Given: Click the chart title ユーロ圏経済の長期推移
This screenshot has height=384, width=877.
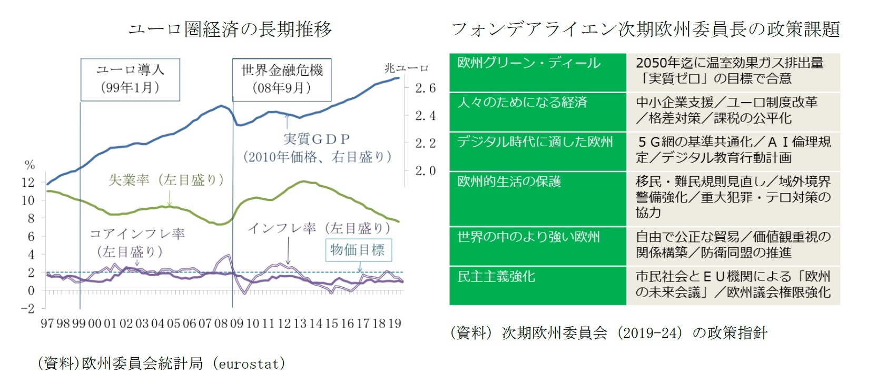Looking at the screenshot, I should point(230,29).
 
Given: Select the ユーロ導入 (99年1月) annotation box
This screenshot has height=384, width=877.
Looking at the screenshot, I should point(130,79).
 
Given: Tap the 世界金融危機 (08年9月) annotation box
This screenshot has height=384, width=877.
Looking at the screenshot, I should point(282,79).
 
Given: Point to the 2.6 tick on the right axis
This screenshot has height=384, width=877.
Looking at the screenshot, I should point(425,88).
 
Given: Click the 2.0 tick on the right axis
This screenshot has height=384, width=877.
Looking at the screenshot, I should point(425,170).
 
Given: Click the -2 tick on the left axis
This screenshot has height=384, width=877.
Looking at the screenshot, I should point(27,308).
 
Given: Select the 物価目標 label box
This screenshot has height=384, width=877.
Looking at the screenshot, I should point(358,249).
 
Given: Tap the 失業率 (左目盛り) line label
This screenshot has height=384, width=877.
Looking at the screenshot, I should point(166,180).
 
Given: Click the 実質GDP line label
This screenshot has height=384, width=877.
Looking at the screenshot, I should point(317,139).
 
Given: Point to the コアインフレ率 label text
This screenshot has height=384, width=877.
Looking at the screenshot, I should point(137,234).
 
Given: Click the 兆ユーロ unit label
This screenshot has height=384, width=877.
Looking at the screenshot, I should point(406,68).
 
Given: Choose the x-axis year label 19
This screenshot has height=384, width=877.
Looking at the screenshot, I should point(395,324).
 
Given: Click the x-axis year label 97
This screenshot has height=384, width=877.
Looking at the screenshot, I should point(47,324).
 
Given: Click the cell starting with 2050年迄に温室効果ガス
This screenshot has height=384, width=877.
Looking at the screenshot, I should point(733,71).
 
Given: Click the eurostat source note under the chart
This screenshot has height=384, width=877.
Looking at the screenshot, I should point(161,363).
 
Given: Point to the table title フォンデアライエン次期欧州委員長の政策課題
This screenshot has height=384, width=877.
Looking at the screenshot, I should point(645,29).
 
